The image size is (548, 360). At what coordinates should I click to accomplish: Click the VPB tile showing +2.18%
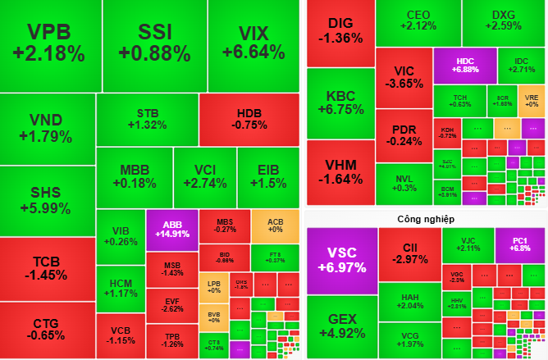[48, 44]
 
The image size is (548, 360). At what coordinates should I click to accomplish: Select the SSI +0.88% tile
[154, 44]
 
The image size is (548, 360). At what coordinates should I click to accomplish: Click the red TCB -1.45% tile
[48, 268]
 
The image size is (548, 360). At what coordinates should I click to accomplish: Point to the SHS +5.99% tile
[48, 200]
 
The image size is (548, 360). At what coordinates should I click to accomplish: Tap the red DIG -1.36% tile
[340, 30]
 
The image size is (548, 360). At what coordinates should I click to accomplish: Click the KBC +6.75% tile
[340, 103]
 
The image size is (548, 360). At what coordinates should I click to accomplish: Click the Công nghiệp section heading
[426, 219]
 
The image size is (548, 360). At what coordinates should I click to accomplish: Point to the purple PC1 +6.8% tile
[519, 244]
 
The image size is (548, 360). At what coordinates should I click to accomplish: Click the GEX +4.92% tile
[340, 326]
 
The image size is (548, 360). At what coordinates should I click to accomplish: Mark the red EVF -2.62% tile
[172, 304]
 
